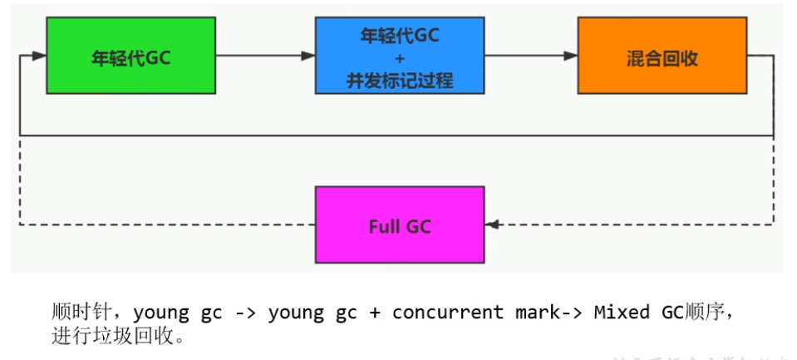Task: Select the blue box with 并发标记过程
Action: coord(399,57)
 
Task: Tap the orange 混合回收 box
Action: coord(662,57)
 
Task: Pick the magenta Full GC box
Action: coord(399,224)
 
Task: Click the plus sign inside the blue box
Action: coord(399,58)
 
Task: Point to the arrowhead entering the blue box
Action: coord(308,57)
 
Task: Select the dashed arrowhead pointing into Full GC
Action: coord(491,224)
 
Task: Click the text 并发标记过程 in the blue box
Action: coord(399,81)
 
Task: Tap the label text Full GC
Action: coord(399,225)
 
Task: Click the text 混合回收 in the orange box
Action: coord(662,58)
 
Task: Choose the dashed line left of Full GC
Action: coord(166,224)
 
